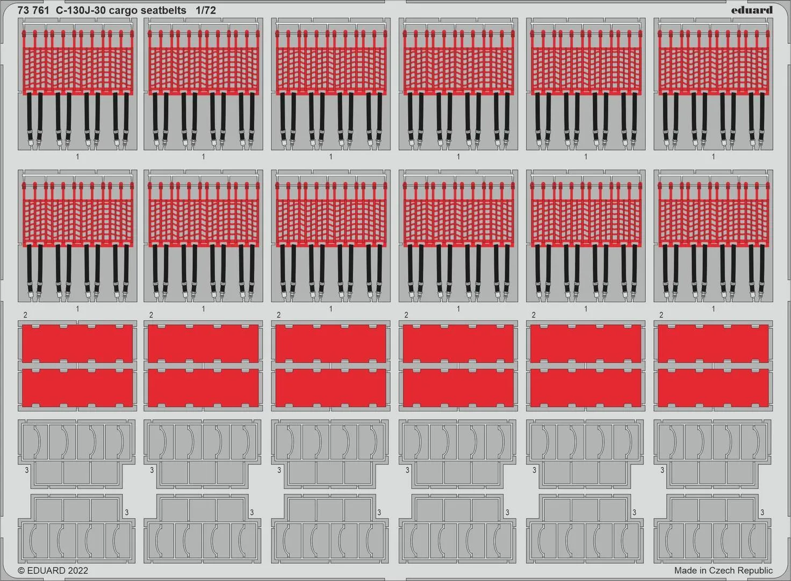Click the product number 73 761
(x=33, y=11)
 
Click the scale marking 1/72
(x=205, y=11)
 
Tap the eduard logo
(x=752, y=10)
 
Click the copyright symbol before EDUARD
(x=21, y=570)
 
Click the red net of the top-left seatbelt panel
(x=78, y=70)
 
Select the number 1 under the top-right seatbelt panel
(x=713, y=157)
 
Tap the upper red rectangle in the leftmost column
(x=77, y=344)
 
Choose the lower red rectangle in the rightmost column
(x=713, y=387)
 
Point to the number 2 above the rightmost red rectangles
(x=661, y=315)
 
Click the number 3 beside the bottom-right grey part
(x=762, y=512)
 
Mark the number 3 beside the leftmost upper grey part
(x=27, y=470)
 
